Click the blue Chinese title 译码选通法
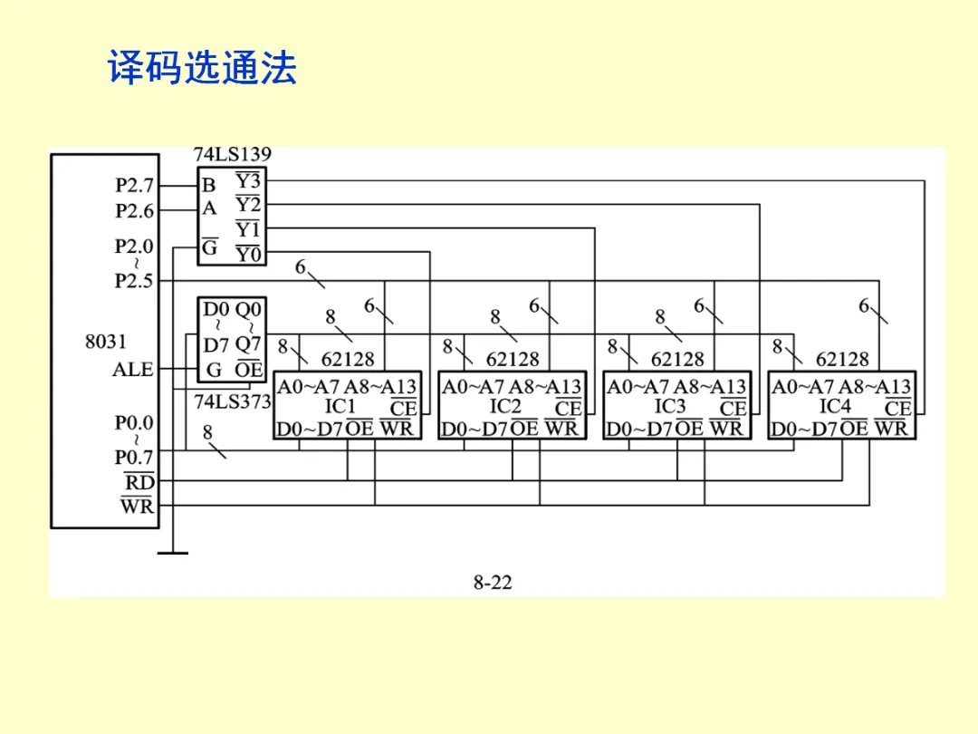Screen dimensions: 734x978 coord(203,68)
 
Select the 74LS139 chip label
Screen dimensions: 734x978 coord(233,155)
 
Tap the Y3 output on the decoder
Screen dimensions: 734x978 coord(248,182)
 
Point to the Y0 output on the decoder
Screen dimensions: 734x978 coord(248,254)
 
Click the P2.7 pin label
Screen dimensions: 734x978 coord(135,185)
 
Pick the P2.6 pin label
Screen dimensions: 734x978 coord(135,210)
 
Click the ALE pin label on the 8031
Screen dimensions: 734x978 coord(133,370)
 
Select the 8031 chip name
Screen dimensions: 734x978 coord(106,342)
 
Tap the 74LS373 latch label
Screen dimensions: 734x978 coord(233,402)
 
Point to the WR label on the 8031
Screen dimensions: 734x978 coord(138,506)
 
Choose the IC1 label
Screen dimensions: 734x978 coord(340,407)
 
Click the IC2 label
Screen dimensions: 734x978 coord(505,407)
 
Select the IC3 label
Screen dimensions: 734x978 coord(670,407)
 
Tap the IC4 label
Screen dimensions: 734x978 coord(835,407)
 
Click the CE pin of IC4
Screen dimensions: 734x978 coord(897,410)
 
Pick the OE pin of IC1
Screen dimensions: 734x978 coord(360,429)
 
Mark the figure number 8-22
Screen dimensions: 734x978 coord(493,583)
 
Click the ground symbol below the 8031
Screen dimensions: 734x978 coord(172,551)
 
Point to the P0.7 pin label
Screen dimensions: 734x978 coord(135,456)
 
